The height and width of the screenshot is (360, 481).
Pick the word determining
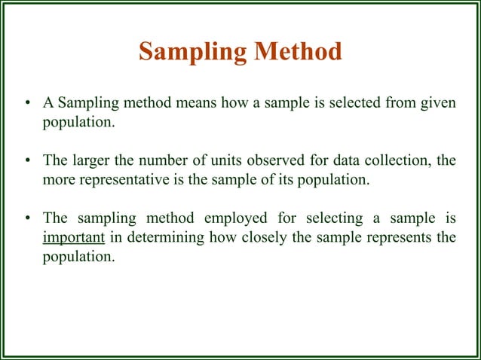click(x=164, y=238)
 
